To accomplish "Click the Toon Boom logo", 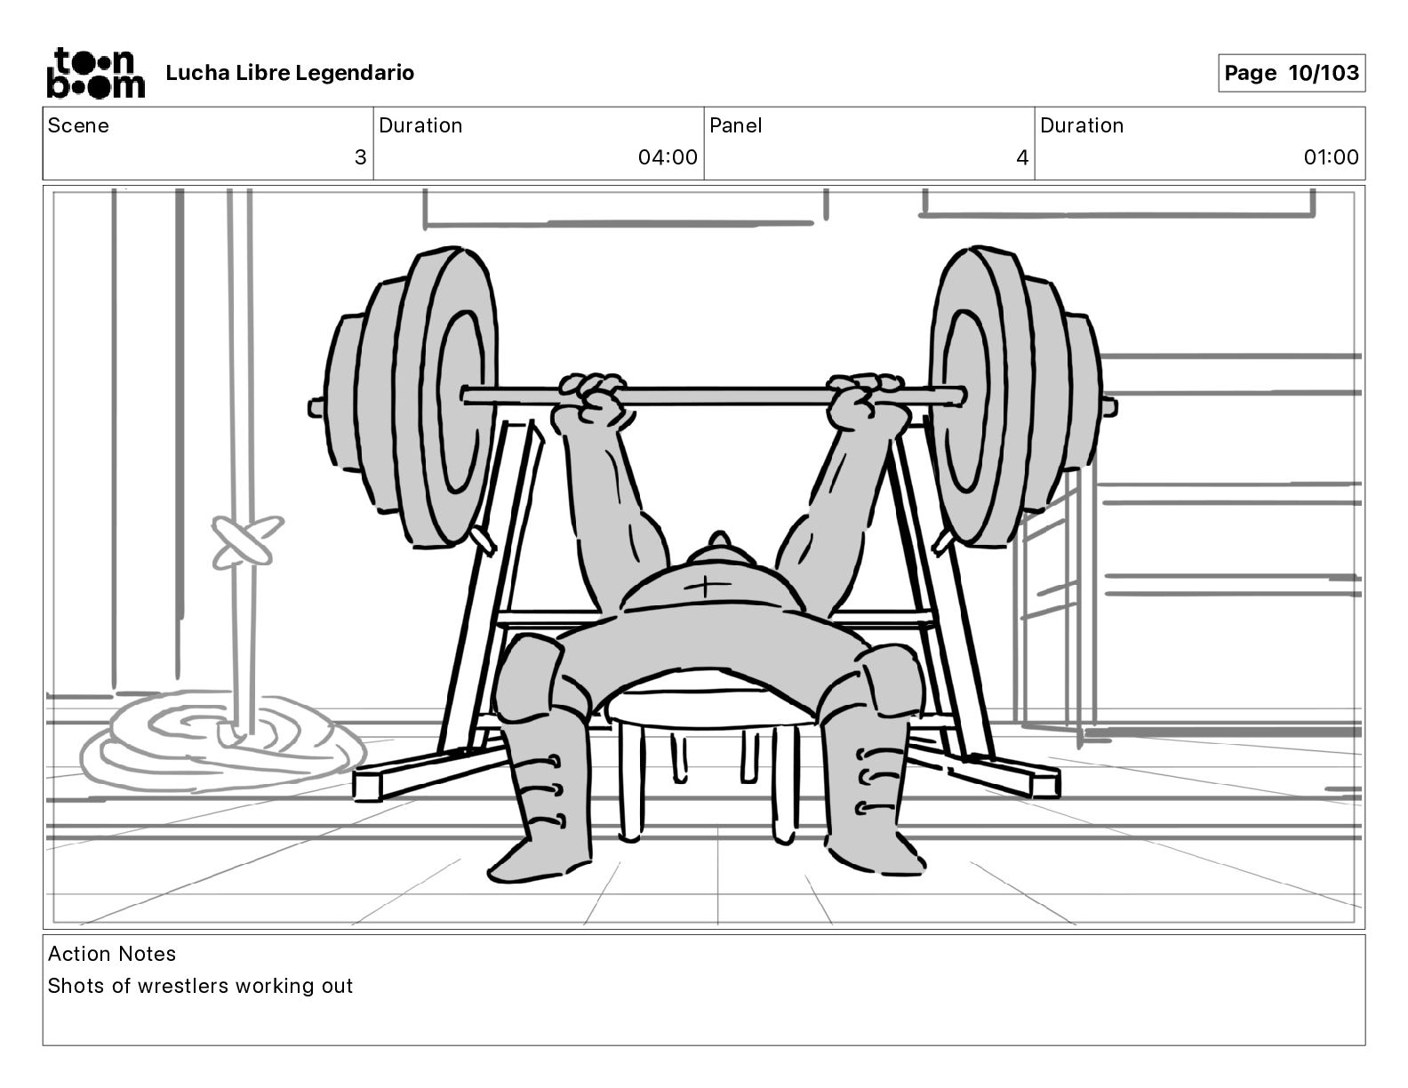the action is [x=95, y=73].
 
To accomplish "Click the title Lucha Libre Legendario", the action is [x=290, y=73].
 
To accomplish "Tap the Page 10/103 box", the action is [x=1291, y=73].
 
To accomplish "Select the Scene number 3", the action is [x=360, y=158].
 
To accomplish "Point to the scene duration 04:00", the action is [x=668, y=158].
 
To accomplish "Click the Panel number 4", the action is [x=1022, y=158].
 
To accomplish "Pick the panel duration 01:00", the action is [x=1331, y=158].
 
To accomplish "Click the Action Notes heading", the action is [x=112, y=954].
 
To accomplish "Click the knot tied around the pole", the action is [x=244, y=541].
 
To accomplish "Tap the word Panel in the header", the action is [x=736, y=125].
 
